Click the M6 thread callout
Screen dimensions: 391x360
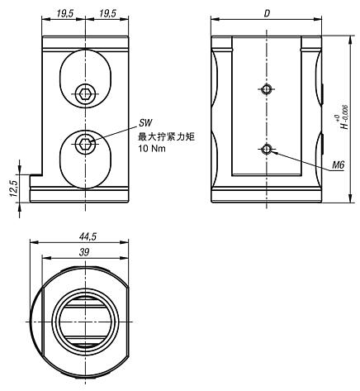coord(337,165)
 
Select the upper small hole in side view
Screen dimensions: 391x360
coord(265,89)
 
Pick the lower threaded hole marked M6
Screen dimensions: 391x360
coord(265,149)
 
